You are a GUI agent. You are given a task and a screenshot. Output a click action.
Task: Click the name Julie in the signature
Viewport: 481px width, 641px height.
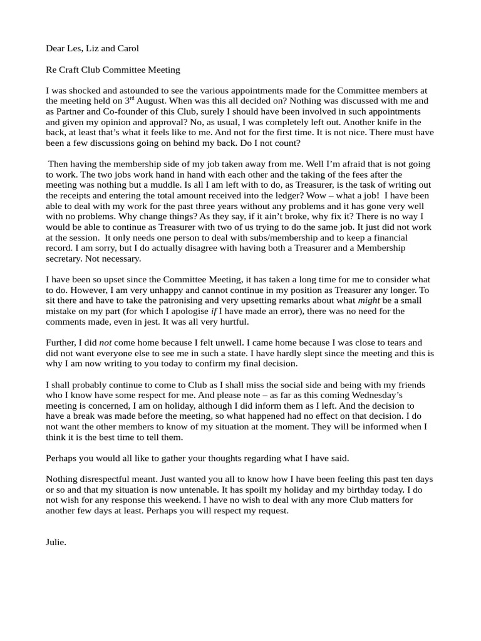tap(56, 543)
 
